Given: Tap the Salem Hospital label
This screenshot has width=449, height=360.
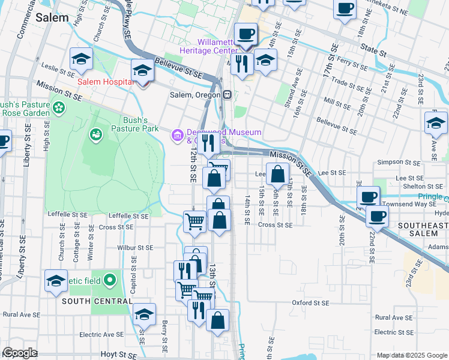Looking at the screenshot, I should pos(104,82).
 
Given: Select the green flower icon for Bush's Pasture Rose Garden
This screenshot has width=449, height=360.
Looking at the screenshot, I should pos(59,107).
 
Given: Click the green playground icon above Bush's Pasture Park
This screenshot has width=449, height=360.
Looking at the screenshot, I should pos(95,134).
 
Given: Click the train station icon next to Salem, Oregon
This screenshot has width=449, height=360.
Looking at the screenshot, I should pos(228,95).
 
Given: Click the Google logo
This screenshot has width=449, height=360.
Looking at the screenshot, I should pos(20,353).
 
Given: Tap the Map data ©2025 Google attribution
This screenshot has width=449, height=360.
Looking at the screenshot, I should pos(412,355).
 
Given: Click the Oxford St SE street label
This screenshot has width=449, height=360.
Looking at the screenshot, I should pos(310,303).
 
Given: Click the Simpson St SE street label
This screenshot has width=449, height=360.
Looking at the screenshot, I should pos(399,163).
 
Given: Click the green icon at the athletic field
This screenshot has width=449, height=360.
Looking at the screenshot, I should pos(109,280).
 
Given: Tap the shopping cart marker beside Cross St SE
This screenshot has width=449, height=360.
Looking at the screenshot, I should pos(194,221).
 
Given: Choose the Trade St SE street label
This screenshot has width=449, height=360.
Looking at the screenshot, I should pos(348,83).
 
